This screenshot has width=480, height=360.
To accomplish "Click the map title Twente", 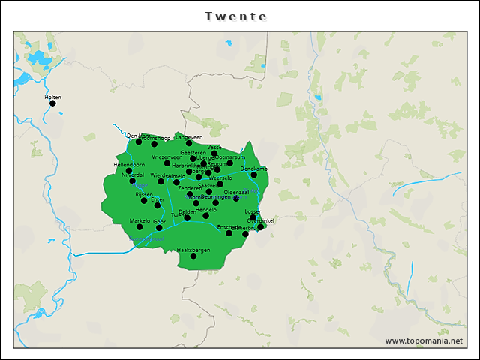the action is pyautogui.click(x=235, y=16).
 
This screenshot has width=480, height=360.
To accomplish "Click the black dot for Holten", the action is pyautogui.click(x=52, y=103).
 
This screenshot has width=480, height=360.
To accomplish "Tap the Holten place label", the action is pyautogui.click(x=52, y=97).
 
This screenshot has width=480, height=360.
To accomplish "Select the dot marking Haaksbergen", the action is pyautogui.click(x=193, y=256).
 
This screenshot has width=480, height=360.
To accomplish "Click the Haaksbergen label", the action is pyautogui.click(x=193, y=249).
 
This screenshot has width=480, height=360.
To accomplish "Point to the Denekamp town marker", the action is pyautogui.click(x=253, y=175).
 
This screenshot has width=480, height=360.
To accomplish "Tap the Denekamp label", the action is pyautogui.click(x=254, y=169).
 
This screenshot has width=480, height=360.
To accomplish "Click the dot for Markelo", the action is pyautogui.click(x=139, y=226).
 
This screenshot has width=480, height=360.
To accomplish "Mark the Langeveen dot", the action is pyautogui.click(x=189, y=143).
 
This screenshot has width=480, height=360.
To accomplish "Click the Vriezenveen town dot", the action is pyautogui.click(x=167, y=163).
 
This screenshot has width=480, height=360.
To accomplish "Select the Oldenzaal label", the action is pyautogui.click(x=236, y=192).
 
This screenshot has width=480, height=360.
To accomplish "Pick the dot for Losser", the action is pyautogui.click(x=253, y=217).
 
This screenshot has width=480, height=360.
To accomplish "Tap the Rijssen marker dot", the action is pyautogui.click(x=144, y=200).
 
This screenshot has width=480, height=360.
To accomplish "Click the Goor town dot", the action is pyautogui.click(x=159, y=228).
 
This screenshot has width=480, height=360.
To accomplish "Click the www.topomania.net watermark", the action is pyautogui.click(x=424, y=340).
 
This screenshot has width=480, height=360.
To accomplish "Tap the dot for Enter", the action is pyautogui.click(x=157, y=205).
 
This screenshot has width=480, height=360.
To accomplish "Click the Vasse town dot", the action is pyautogui.click(x=214, y=153).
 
